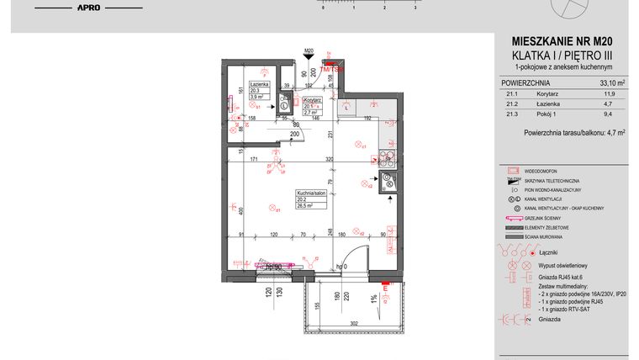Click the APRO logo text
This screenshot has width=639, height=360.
[90, 8]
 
